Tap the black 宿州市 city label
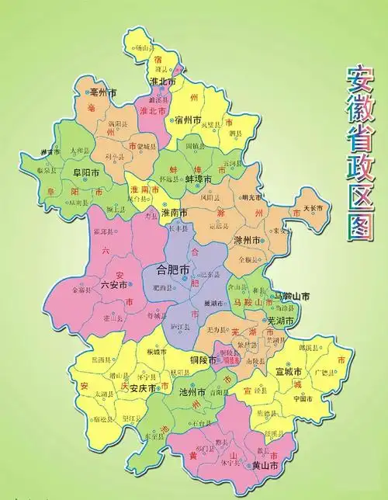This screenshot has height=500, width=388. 189,120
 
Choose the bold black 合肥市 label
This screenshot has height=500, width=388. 174,270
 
